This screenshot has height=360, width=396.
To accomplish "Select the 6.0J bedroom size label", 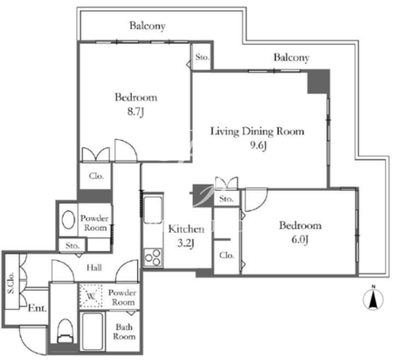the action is [x=300, y=240].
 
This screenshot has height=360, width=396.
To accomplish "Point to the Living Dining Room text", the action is [x=257, y=132].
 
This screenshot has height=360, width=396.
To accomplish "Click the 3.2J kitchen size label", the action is [x=185, y=243].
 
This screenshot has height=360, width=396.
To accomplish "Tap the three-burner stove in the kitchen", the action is [x=153, y=257].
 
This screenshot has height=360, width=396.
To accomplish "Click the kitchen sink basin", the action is [x=153, y=209].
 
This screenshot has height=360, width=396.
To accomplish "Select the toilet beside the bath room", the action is [x=64, y=331].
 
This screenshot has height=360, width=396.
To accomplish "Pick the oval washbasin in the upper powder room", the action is [x=68, y=220].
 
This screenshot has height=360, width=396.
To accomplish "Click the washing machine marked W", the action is [x=91, y=295].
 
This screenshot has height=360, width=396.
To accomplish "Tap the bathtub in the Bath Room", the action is [x=93, y=332].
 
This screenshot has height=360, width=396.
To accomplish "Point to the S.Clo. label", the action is [x=11, y=283].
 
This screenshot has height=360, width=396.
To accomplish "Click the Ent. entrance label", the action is [x=37, y=308].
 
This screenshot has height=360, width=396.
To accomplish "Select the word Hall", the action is [x=94, y=267].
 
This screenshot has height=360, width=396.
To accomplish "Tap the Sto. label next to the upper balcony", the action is [x=202, y=57].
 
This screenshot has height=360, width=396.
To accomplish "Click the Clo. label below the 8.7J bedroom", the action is [x=96, y=176].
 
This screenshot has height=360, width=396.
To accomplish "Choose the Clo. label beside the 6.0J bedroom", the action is [x=227, y=255].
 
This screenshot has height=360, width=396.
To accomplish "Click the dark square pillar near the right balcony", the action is [x=319, y=82].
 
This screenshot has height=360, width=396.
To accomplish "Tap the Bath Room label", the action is [x=124, y=332].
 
